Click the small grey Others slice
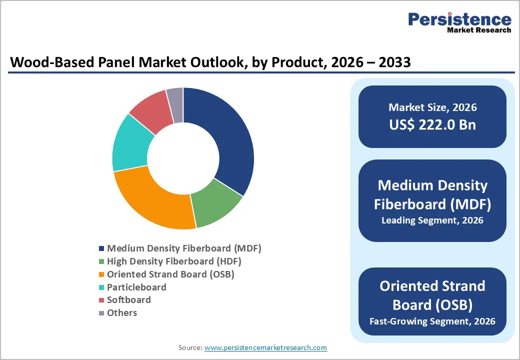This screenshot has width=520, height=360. pos(175,98)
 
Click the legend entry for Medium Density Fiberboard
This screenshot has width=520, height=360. pos(184,248)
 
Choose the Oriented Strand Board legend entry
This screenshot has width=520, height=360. pos(170,274)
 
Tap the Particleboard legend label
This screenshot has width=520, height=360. pos(136,287)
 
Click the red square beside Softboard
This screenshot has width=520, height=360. pos(102,300)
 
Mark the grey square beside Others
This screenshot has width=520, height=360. pos(102,313)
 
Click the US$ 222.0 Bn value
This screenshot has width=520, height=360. pos(432,124)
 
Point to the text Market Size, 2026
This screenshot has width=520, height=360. pos(432,107)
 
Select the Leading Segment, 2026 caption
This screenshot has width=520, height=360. pos(432,220)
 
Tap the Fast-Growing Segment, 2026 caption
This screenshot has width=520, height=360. pos(432,320)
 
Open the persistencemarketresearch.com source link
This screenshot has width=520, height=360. pos(265,347)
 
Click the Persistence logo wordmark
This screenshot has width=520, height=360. pos(459,19)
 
